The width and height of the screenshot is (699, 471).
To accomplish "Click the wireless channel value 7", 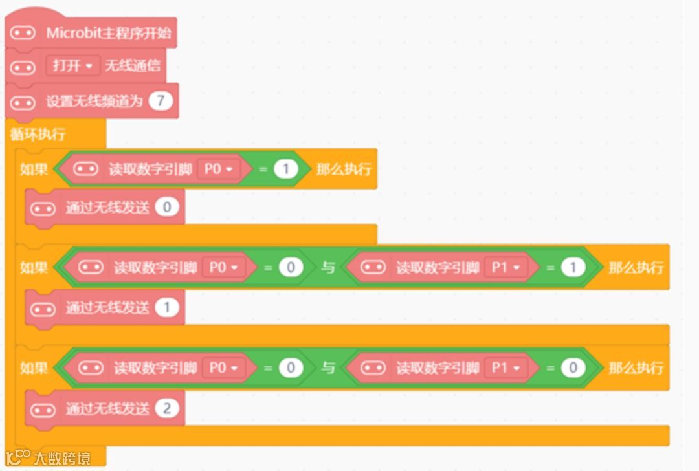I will [161, 102].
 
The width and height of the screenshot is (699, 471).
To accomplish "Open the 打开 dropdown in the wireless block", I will [72, 66].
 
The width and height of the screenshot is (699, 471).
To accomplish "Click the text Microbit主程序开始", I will [109, 32].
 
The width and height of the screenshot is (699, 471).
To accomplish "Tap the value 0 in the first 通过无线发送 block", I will [167, 207].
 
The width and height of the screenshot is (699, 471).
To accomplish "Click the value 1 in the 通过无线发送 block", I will [167, 308].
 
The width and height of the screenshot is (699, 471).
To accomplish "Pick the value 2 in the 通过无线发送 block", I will [167, 408].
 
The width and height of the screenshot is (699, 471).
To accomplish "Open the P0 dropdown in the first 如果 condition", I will [218, 170].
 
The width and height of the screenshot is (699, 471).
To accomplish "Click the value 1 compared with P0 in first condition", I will [285, 170].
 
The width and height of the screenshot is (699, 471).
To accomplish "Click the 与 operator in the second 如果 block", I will [328, 267].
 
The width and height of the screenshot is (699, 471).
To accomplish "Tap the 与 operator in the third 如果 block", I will [328, 367].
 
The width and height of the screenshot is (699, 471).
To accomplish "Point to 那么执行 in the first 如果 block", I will [343, 170].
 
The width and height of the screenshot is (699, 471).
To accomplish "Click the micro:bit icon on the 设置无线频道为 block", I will [23, 102].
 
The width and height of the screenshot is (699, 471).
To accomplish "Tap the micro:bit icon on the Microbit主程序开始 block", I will [23, 32].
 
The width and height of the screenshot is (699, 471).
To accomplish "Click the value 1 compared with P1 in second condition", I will [573, 267].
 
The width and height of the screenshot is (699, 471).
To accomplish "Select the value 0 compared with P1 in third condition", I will [573, 367].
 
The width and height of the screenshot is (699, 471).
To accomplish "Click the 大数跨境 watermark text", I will [61, 459].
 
